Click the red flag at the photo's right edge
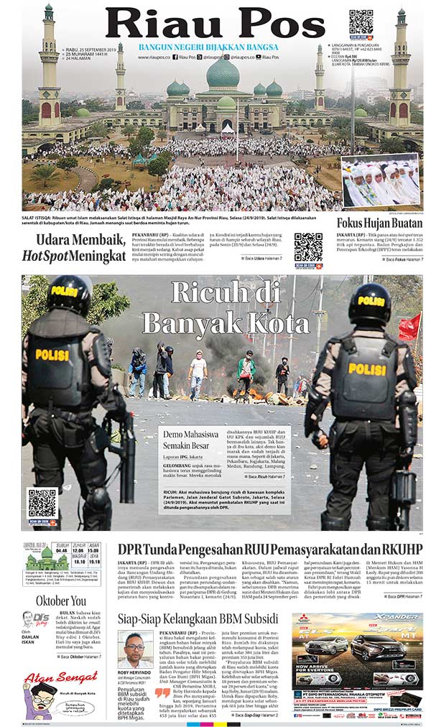[411, 326]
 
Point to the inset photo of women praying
[379, 181]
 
